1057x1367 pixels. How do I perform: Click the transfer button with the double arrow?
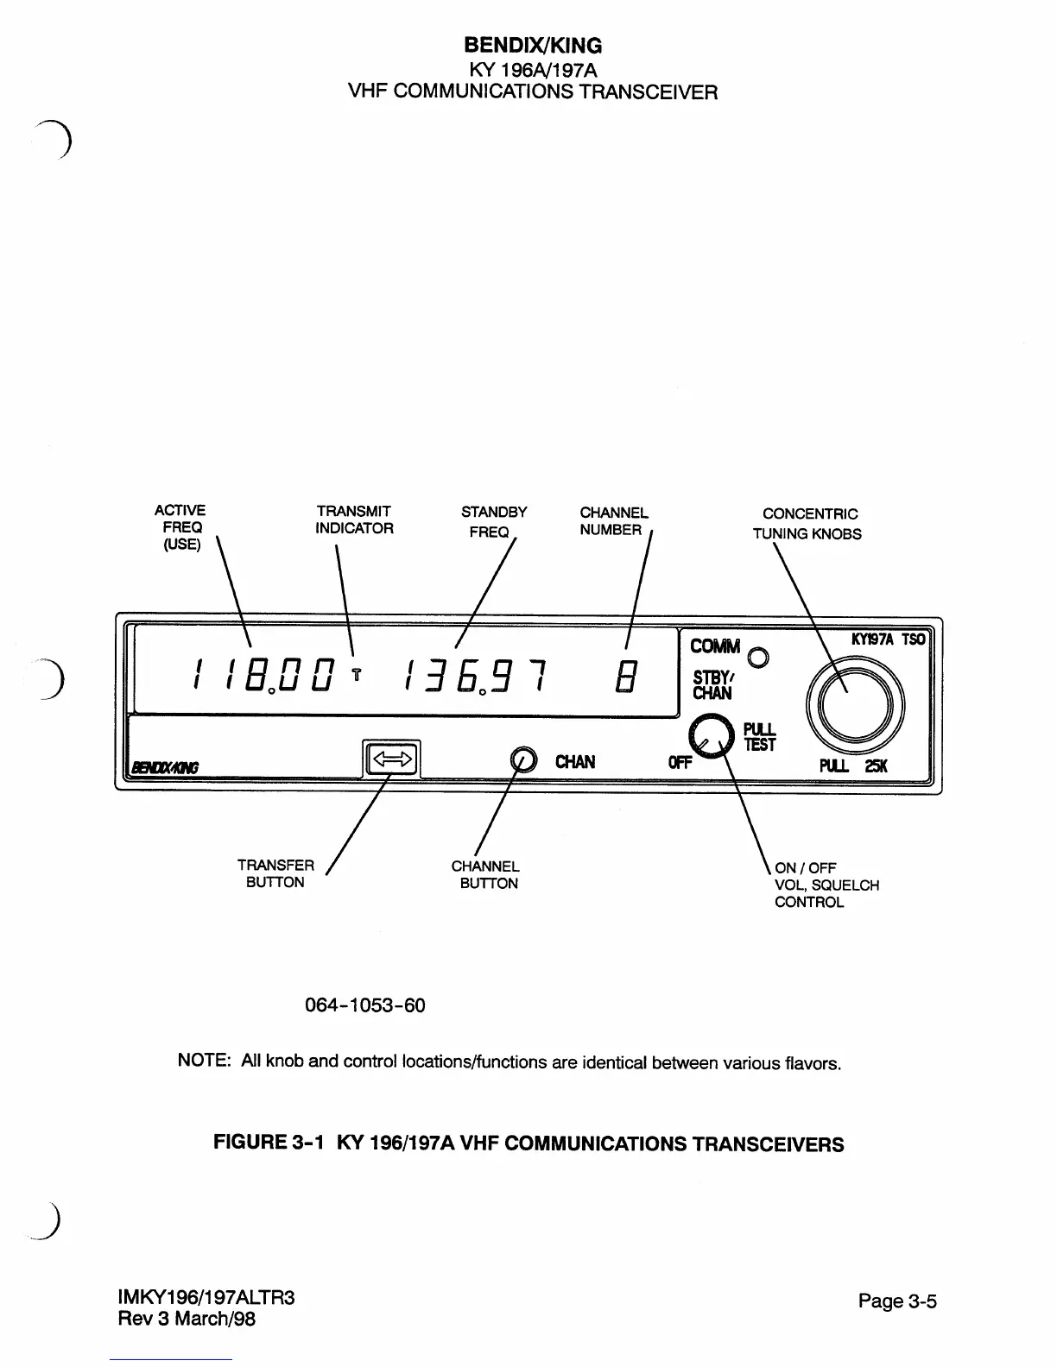[392, 759]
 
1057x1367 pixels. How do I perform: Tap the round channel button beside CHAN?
[523, 759]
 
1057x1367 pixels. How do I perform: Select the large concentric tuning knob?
[854, 703]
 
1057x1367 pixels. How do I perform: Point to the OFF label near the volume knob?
[680, 763]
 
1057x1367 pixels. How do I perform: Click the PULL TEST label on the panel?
[760, 737]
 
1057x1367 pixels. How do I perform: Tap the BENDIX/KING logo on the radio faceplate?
[164, 768]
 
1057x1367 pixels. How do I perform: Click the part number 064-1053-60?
[365, 1005]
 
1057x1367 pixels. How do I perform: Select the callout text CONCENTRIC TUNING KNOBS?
[807, 524]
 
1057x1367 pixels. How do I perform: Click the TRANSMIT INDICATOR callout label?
[354, 520]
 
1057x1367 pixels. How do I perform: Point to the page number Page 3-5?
[897, 1301]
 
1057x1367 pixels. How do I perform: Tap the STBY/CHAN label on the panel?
[712, 685]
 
